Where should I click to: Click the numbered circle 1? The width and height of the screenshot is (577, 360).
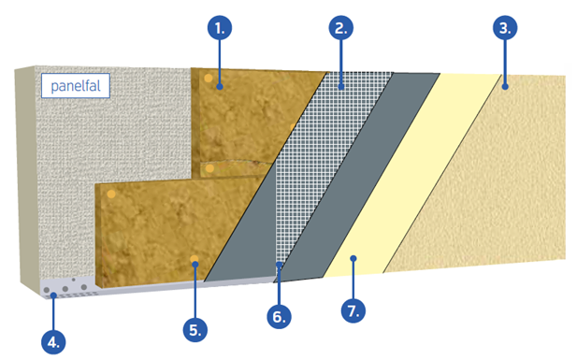click(x=220, y=28)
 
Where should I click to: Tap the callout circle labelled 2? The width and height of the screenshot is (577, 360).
click(x=341, y=28)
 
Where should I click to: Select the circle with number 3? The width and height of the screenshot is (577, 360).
click(x=505, y=28)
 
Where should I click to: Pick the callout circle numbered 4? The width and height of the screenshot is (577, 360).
click(x=53, y=342)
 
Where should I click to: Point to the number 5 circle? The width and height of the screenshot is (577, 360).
click(x=195, y=329)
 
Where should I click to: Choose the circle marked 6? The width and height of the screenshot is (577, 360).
click(x=279, y=316)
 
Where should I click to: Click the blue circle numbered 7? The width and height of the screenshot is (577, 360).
click(x=353, y=310)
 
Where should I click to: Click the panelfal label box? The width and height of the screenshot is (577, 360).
click(x=76, y=86)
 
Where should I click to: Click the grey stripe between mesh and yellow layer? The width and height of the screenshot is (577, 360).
click(x=357, y=177)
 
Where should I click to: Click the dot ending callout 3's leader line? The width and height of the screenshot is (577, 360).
click(x=505, y=87)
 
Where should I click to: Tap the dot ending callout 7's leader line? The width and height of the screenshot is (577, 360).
click(x=353, y=258)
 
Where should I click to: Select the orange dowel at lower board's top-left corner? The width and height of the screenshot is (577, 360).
click(x=111, y=194)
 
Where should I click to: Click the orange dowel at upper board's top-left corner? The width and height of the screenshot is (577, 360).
click(x=209, y=78)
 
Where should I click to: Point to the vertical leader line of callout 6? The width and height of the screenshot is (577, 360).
click(x=279, y=284)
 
